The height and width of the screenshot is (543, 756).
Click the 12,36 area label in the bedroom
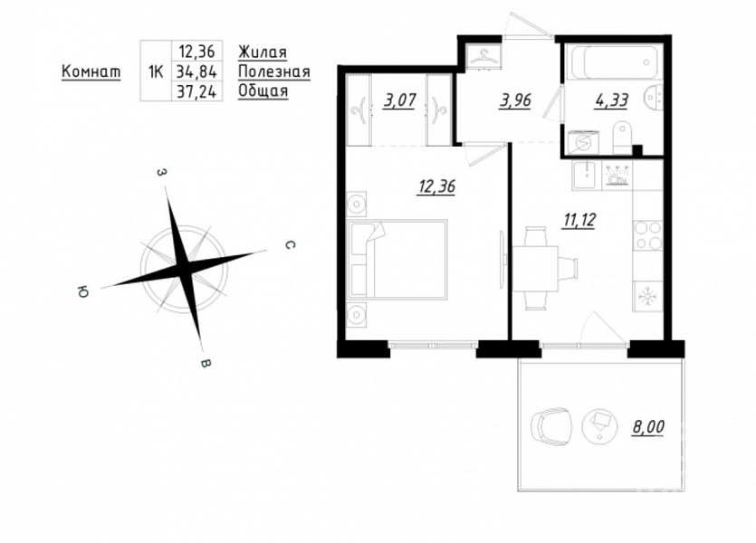tap(436, 186)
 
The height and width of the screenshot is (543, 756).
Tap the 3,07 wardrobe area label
tap(399, 100)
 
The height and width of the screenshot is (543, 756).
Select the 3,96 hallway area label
tap(515, 100)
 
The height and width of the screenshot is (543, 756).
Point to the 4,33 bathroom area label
tap(611, 100)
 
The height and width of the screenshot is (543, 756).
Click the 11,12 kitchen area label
tap(579, 220)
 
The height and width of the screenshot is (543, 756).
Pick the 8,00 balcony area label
tap(648, 426)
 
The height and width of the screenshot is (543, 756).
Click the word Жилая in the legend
tap(263, 52)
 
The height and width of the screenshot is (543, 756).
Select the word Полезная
tap(274, 71)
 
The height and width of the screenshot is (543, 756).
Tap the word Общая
tap(263, 91)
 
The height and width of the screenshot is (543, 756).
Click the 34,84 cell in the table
tap(196, 71)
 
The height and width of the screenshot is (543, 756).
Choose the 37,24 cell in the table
tap(196, 91)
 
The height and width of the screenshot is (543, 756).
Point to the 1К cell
tap(156, 71)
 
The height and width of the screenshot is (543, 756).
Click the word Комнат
tap(91, 71)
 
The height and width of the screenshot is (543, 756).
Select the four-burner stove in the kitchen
tap(648, 235)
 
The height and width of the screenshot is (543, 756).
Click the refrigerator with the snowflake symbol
tap(647, 296)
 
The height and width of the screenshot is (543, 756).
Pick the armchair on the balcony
tap(551, 426)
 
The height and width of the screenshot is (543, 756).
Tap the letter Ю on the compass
tap(82, 292)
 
